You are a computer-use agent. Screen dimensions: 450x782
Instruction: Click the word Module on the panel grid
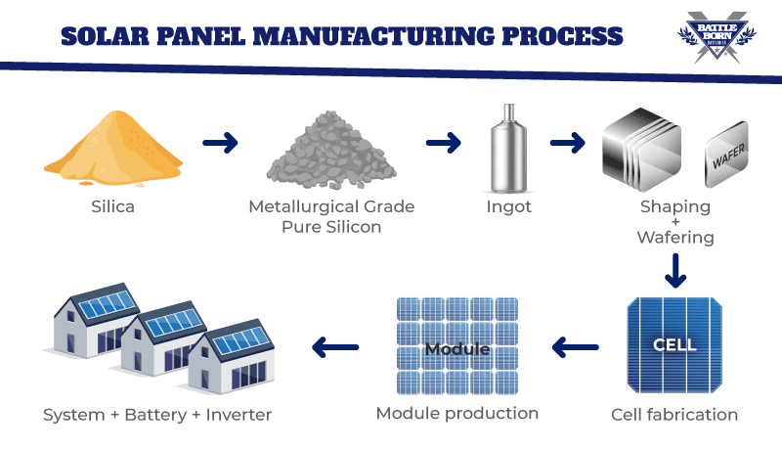[456, 348]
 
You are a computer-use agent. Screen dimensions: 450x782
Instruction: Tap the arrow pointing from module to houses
[336, 345]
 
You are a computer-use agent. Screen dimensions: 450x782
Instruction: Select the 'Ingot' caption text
[507, 206]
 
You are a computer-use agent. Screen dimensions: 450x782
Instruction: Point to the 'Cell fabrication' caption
[674, 414]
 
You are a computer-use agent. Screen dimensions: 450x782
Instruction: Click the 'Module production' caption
[456, 413]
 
